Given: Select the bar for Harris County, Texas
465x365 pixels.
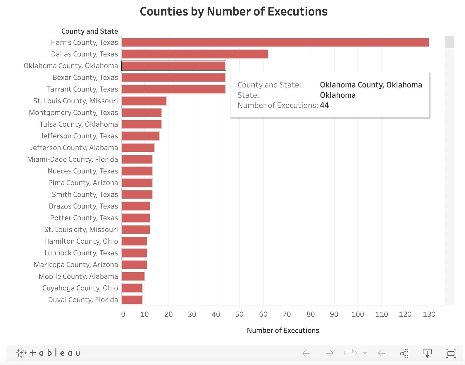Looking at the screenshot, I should tap(275, 42).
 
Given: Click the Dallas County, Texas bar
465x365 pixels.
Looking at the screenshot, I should tap(194, 54).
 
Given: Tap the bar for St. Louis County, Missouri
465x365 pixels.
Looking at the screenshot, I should tap(144, 101).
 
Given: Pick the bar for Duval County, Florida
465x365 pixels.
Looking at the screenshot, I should tap(132, 300).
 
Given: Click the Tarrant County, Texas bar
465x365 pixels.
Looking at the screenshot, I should tap(173, 89).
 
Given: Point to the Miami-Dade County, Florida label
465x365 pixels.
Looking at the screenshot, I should tap(73, 159).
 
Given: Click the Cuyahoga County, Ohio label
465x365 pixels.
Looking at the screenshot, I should tap(80, 288).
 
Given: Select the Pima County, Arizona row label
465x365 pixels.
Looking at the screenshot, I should tap(83, 183).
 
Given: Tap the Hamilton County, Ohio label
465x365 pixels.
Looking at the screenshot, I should tap(81, 241).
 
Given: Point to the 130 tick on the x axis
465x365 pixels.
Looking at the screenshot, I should tap(429, 314).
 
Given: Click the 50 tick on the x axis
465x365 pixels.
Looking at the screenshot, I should tap(239, 314).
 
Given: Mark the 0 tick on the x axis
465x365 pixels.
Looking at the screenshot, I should tap(123, 314).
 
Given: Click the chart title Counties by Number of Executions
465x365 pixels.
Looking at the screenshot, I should tap(233, 12).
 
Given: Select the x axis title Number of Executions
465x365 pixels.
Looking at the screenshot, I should tap(283, 330).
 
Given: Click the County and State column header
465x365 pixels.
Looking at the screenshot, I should tap(89, 31).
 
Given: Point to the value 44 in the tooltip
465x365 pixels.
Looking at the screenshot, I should tap(324, 105).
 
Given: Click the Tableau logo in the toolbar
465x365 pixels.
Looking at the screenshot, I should tap(48, 353).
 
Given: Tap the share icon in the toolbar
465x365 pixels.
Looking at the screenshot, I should tap(404, 353).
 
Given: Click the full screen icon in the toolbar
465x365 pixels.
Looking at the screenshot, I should tap(451, 353).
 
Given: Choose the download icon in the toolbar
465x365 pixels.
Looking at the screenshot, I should tap(427, 353).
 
